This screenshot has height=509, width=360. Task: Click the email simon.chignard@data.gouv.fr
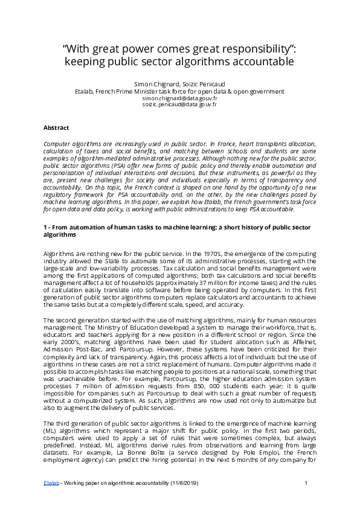coord(180,97)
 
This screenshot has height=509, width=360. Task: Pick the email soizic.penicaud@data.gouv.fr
coord(180,104)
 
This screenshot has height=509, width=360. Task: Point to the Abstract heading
coord(57,128)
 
